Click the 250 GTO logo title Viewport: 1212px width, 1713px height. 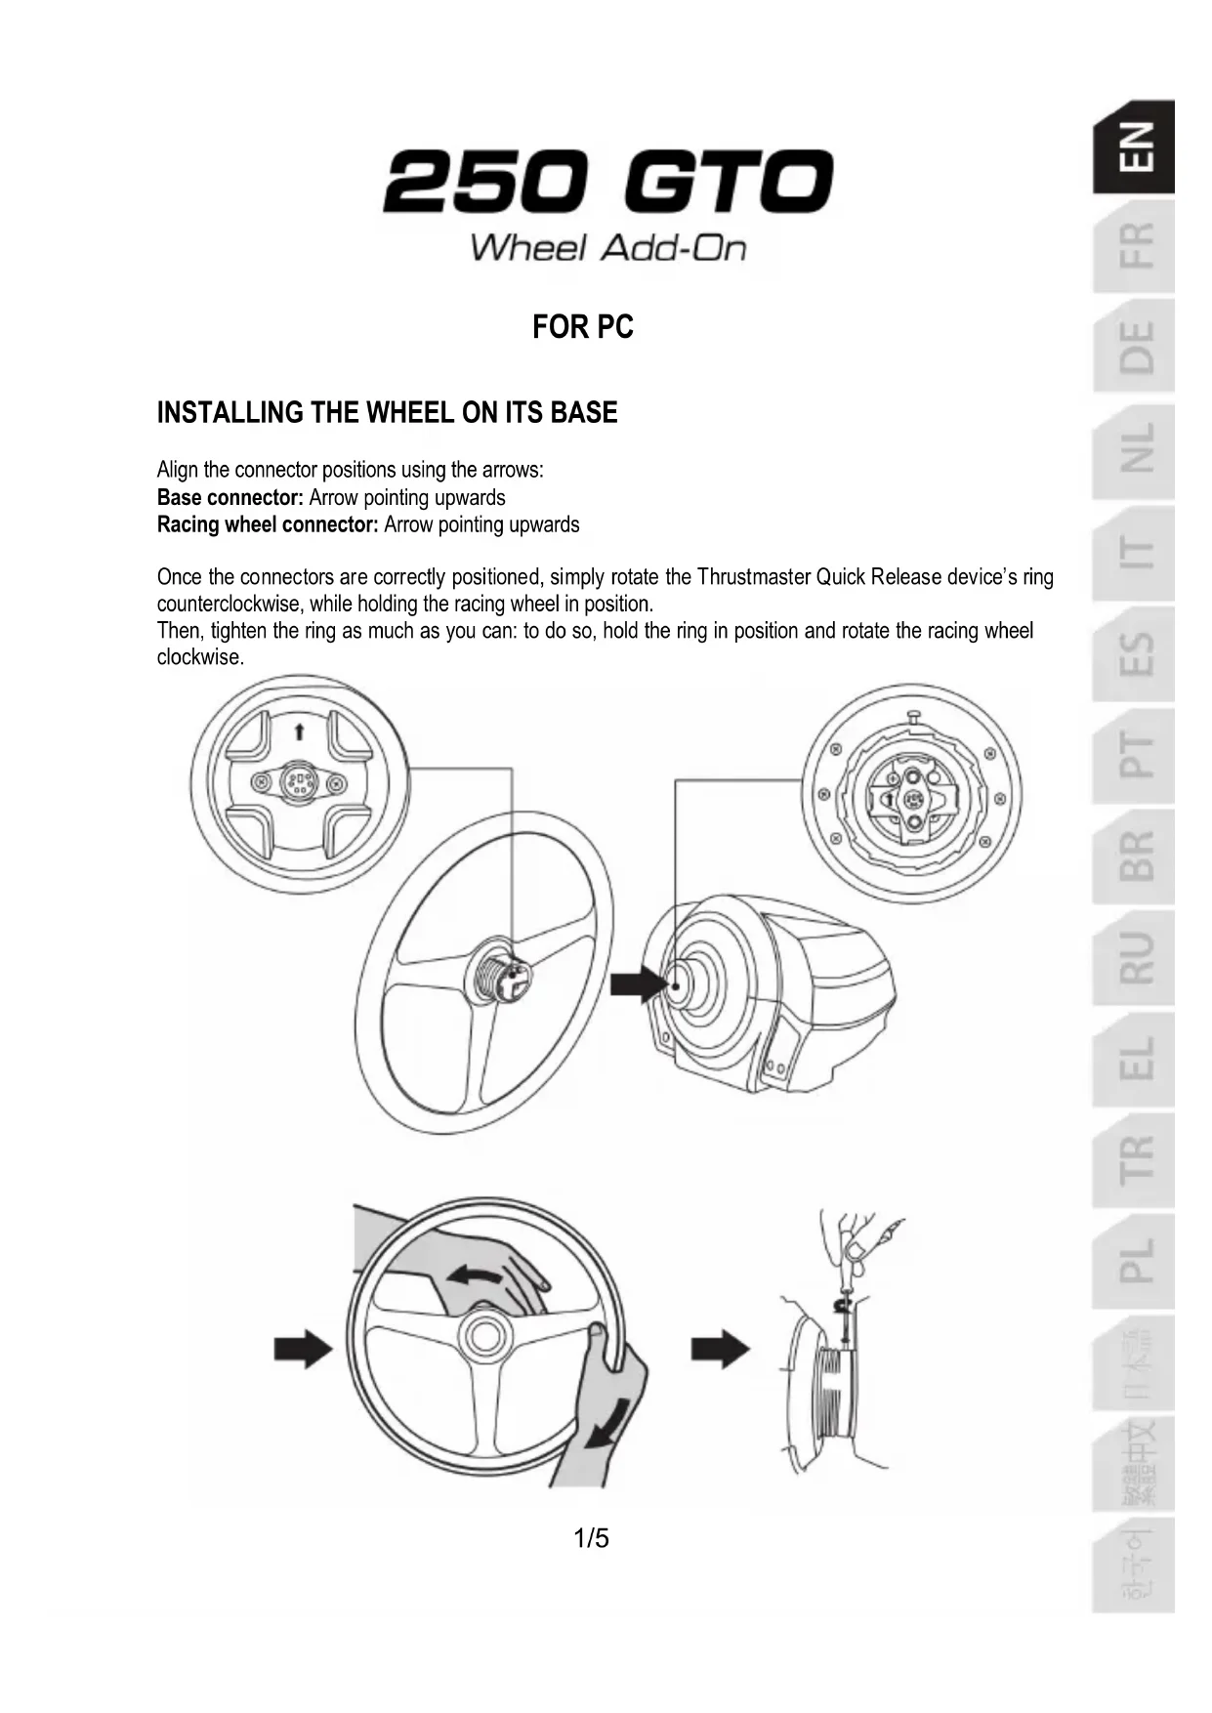[x=607, y=183]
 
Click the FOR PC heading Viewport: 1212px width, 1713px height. [x=583, y=327]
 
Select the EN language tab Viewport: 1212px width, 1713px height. [x=1135, y=147]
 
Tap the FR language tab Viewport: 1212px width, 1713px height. [x=1135, y=246]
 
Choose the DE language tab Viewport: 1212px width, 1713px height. [x=1135, y=347]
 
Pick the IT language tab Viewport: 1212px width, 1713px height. [x=1135, y=553]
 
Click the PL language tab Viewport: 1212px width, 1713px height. [x=1135, y=1261]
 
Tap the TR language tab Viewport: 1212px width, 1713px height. [x=1135, y=1159]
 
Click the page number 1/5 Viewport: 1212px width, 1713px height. [x=591, y=1539]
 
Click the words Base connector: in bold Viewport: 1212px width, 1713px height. [x=230, y=498]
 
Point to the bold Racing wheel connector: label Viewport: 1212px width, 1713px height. [x=268, y=525]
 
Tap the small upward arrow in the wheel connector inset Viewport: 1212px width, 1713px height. [x=300, y=731]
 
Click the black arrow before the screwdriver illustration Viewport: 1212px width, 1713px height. [x=720, y=1351]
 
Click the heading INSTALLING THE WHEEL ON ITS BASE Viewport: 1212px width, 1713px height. [x=387, y=413]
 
